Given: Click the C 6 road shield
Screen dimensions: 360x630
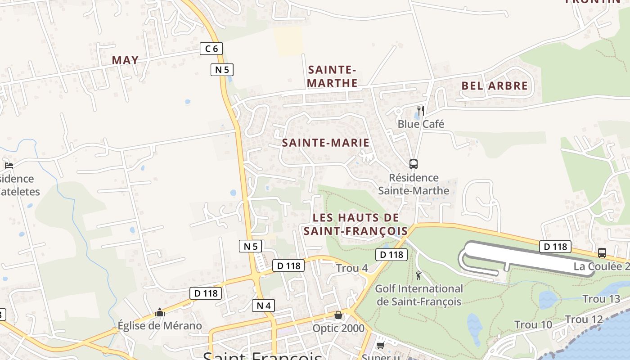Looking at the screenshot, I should tap(211, 48).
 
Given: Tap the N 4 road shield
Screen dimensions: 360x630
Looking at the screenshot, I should tap(263, 306).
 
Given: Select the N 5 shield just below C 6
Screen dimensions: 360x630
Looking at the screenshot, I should tap(222, 69).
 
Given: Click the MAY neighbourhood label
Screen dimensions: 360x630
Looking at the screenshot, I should tap(125, 60).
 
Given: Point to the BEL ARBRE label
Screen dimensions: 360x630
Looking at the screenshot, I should tap(494, 85).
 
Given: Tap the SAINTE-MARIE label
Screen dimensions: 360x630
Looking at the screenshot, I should tap(325, 143).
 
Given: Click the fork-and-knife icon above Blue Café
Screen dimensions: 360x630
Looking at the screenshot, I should tap(421, 110).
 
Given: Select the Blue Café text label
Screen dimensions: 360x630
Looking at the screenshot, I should tap(421, 124).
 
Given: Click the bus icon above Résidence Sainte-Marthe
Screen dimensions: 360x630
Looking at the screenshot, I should tap(414, 164).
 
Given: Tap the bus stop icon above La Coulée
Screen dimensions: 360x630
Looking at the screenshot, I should tap(602, 253).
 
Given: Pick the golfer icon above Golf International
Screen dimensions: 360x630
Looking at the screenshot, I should tap(419, 275).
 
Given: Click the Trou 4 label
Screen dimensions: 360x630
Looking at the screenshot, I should tap(352, 268).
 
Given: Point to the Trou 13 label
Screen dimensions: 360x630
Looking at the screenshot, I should tap(601, 299).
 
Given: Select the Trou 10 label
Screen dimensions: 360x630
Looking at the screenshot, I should tap(533, 324).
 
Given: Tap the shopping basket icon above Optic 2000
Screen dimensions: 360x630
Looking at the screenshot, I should tap(338, 315).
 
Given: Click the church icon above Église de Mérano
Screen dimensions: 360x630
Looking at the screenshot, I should tap(160, 313).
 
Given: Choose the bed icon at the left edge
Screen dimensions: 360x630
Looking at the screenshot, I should tap(9, 165).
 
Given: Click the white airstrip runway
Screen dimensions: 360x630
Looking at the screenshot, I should tap(526, 257).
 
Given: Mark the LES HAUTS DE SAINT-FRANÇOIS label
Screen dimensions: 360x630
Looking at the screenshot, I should tap(355, 224).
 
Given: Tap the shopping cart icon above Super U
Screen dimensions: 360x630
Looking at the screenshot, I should tap(380, 345).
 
